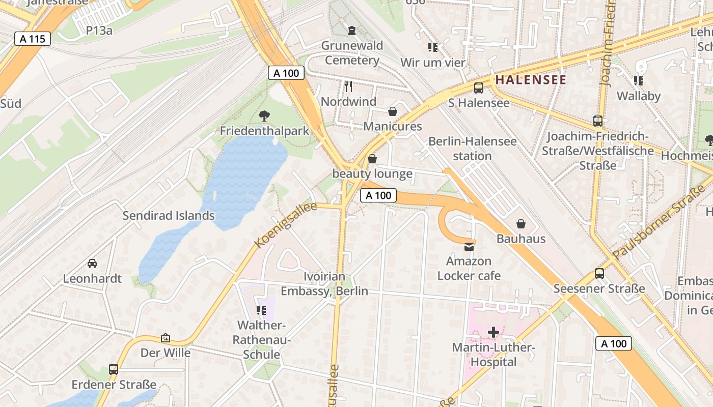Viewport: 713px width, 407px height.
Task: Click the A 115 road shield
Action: click(x=33, y=39)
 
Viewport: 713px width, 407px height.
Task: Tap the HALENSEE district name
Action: click(x=531, y=80)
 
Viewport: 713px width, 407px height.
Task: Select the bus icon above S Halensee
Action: click(x=479, y=88)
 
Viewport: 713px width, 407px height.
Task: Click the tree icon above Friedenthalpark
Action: click(x=264, y=116)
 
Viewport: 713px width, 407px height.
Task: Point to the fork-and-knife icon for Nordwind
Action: click(x=348, y=86)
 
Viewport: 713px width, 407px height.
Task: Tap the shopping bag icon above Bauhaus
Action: click(x=521, y=224)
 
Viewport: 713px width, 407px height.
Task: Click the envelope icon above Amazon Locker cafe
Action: click(x=469, y=247)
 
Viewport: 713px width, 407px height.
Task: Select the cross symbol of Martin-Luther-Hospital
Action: click(x=493, y=333)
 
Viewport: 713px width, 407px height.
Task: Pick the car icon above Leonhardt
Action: click(x=92, y=263)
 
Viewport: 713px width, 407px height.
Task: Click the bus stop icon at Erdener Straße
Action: click(x=114, y=369)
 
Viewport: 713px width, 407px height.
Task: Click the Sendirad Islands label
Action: click(x=169, y=216)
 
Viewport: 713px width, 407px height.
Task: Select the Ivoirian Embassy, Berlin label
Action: click(x=324, y=284)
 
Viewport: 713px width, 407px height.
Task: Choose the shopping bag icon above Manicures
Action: click(x=393, y=111)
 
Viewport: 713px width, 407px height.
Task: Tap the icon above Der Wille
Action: click(x=166, y=338)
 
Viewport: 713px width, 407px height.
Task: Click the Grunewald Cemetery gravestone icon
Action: click(x=351, y=31)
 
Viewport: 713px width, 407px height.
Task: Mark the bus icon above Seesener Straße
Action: click(x=599, y=274)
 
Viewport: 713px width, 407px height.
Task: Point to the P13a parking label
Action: click(x=99, y=31)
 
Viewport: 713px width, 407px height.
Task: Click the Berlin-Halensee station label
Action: click(x=472, y=149)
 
